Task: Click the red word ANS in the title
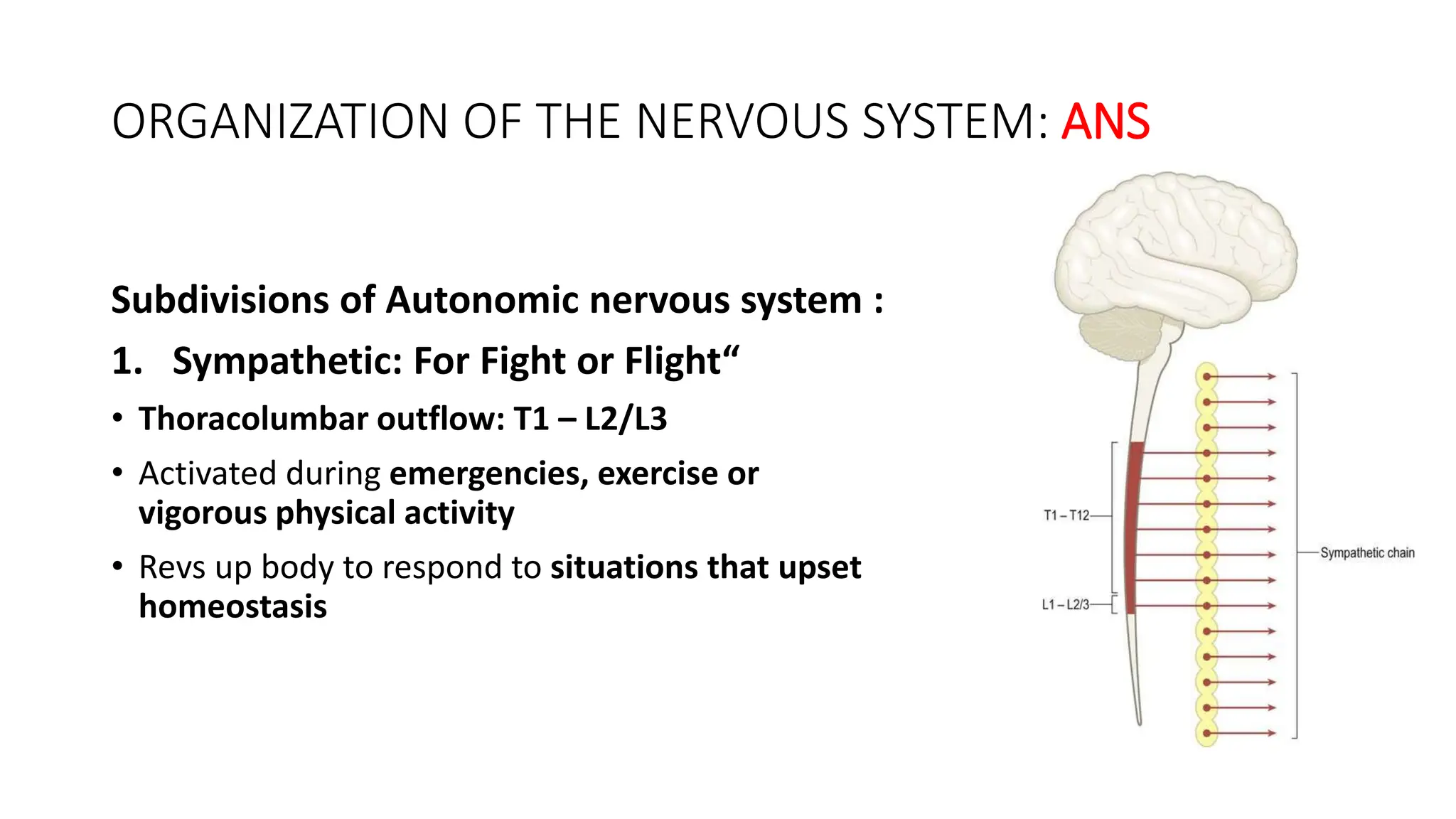(1105, 122)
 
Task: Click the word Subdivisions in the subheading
(220, 300)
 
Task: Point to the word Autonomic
(483, 300)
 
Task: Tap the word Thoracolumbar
(252, 419)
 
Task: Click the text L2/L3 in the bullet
(626, 419)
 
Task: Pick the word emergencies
(488, 473)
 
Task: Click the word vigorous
(202, 513)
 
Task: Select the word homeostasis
(232, 606)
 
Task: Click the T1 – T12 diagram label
(1066, 515)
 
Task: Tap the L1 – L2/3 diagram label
(1065, 605)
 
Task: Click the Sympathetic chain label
(1367, 553)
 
